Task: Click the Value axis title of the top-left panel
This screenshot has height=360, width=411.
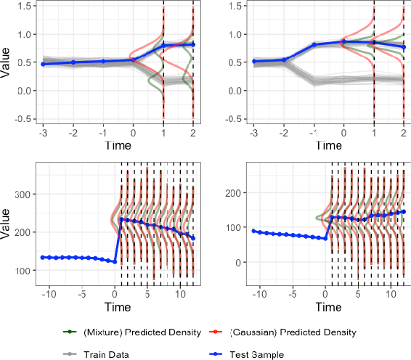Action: coord(7,62)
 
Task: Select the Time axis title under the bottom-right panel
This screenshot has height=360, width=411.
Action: coord(328,307)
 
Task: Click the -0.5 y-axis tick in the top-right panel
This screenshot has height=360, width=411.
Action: coord(235,119)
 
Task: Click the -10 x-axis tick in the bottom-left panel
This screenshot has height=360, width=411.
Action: coord(50,295)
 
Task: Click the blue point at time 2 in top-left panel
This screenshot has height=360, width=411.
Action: coord(193,45)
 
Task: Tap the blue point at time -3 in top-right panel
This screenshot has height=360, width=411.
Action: coord(253,62)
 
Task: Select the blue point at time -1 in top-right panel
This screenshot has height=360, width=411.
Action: coord(314,45)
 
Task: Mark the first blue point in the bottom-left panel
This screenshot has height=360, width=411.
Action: coord(43,258)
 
